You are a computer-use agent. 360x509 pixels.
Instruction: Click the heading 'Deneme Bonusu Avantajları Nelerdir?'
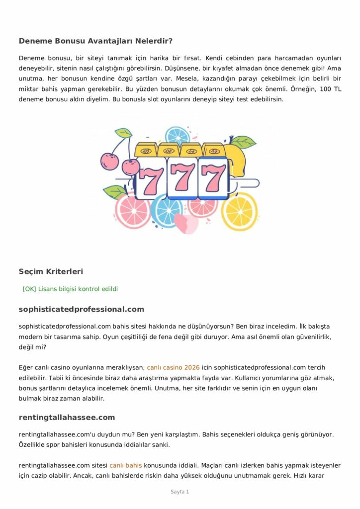95,41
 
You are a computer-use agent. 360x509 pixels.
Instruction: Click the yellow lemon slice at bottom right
240,211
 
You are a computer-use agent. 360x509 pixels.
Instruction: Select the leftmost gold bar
146,149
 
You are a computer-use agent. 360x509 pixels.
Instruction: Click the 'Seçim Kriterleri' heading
51,271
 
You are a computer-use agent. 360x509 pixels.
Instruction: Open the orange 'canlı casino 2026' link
173,368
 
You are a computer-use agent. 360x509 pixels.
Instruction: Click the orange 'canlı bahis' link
126,466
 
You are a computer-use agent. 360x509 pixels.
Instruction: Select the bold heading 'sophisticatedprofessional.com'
82,309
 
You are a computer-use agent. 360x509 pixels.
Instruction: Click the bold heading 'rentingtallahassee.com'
67,417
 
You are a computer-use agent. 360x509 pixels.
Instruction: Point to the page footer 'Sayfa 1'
180,492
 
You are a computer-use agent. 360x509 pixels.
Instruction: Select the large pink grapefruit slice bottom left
132,210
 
